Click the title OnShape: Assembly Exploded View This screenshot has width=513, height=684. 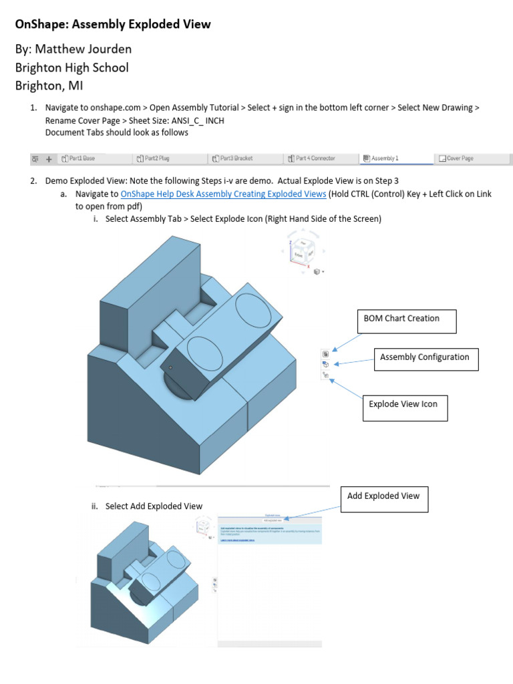point(112,25)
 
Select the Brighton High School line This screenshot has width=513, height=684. point(71,67)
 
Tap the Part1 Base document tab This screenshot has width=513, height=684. point(78,158)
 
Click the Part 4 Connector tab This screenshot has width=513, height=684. point(311,158)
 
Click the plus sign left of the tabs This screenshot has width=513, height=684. point(49,159)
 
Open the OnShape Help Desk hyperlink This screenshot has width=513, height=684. point(223,194)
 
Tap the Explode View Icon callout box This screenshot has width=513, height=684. point(404,407)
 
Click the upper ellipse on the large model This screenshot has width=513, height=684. point(253,309)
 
